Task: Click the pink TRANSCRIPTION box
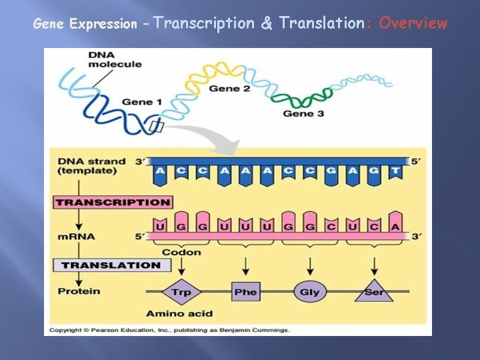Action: point(113,202)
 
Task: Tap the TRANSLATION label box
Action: point(111,265)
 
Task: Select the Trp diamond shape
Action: point(181,291)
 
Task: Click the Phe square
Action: point(245,291)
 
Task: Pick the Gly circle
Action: point(309,291)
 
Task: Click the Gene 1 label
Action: point(142,102)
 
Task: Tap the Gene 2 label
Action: point(229,89)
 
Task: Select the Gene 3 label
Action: point(303,113)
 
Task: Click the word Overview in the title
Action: point(413,24)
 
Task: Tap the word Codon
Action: point(181,253)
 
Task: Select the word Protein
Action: point(79,291)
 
